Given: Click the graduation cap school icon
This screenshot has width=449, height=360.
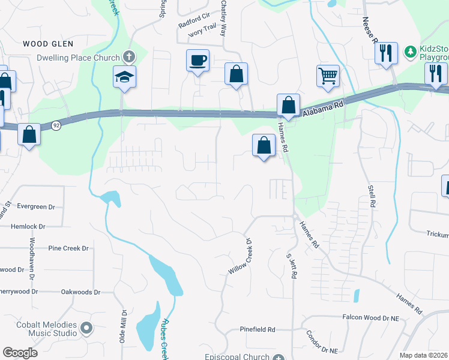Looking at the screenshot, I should click(125, 77).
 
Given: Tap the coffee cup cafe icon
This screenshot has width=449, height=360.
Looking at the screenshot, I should click(197, 61).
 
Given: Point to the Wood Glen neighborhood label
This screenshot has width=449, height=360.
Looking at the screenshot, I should click(48, 44).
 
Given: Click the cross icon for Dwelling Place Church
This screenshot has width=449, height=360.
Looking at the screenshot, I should click(128, 58).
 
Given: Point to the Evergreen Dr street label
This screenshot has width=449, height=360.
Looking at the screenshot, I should click(36, 206).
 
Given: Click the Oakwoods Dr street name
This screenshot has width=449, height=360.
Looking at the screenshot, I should click(80, 292).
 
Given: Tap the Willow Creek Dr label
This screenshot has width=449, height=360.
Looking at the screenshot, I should click(240, 256).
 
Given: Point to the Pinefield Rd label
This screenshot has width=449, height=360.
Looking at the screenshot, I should click(257, 329).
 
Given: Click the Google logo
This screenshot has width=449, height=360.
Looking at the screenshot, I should click(20, 352).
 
